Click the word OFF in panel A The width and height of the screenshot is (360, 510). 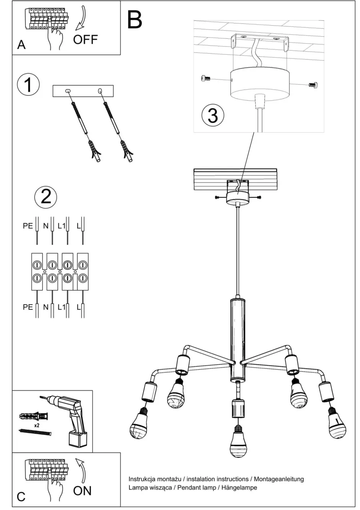click(85, 39)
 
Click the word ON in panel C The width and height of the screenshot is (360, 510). click(82, 490)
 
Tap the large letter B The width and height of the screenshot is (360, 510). click(134, 20)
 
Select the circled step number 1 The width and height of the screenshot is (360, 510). click(28, 85)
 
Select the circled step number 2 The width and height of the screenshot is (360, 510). click(46, 197)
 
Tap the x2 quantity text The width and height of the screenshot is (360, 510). click(37, 425)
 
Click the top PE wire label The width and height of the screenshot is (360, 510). click(28, 226)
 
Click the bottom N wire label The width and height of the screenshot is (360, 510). click(46, 307)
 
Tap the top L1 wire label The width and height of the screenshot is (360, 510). click(61, 226)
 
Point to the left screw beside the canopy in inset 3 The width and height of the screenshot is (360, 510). click(206, 79)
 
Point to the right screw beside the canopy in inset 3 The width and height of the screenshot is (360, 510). click(313, 84)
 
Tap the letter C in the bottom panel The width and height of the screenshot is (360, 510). click(21, 497)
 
